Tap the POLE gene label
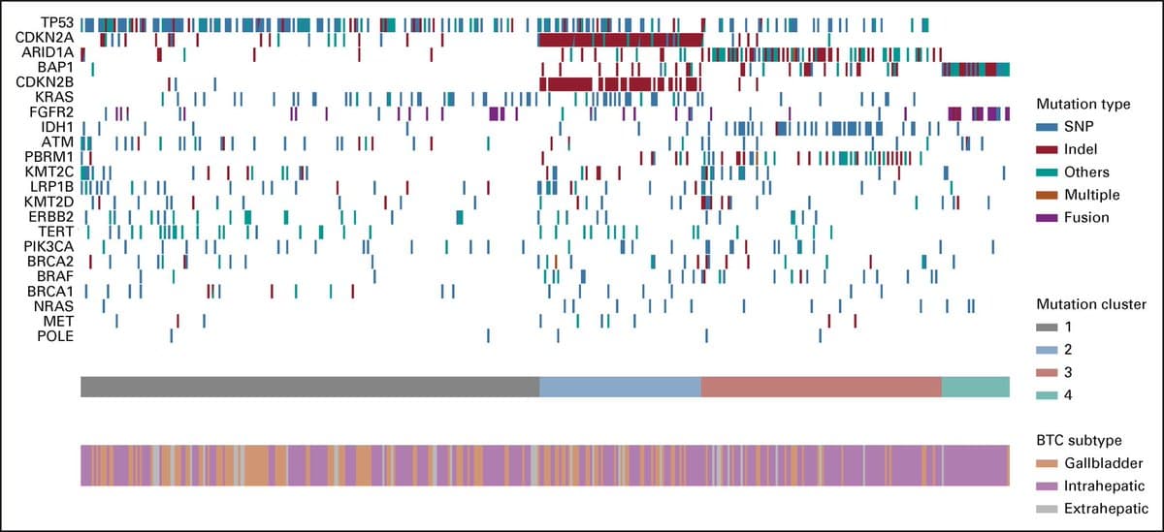(56, 336)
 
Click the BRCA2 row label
(52, 262)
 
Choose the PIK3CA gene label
(48, 246)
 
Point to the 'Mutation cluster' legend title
(1090, 304)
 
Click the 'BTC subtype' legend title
(1077, 440)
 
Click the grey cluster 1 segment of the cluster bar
(309, 387)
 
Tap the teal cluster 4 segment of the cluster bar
(975, 387)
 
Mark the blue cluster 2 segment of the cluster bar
(620, 387)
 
